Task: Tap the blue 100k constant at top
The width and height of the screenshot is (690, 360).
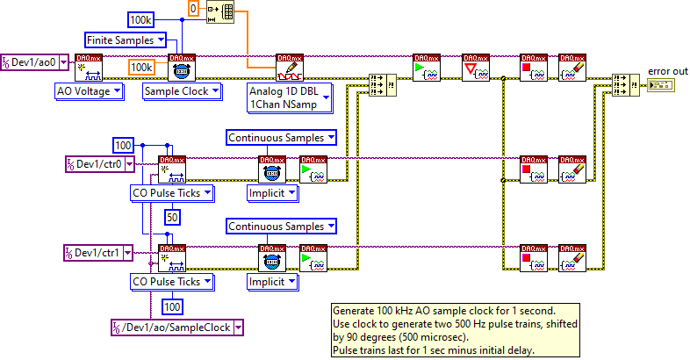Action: click(143, 18)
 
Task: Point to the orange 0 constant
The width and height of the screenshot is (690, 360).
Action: click(195, 8)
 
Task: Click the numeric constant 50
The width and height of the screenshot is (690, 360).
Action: click(172, 216)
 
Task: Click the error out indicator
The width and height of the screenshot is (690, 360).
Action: click(659, 84)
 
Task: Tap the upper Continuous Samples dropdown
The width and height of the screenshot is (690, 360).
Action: click(282, 137)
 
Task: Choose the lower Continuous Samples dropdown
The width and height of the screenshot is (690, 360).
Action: click(282, 227)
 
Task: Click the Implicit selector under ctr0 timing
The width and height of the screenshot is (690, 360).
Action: click(272, 192)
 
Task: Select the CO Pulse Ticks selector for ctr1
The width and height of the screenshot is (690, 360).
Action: click(171, 282)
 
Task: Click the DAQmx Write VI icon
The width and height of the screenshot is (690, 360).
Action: click(289, 66)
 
